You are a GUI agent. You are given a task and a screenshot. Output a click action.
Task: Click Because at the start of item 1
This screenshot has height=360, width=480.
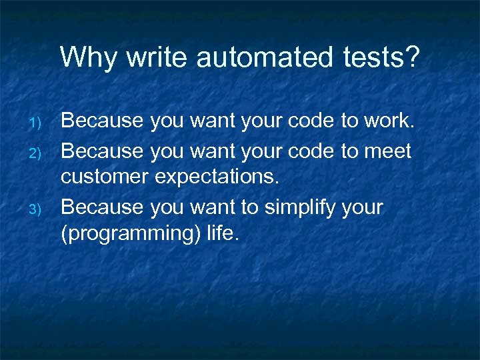tap(102, 121)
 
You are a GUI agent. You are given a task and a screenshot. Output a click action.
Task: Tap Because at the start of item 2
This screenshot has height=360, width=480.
tap(102, 151)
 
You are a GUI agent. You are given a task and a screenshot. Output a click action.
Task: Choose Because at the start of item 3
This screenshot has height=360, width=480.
tap(102, 207)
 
